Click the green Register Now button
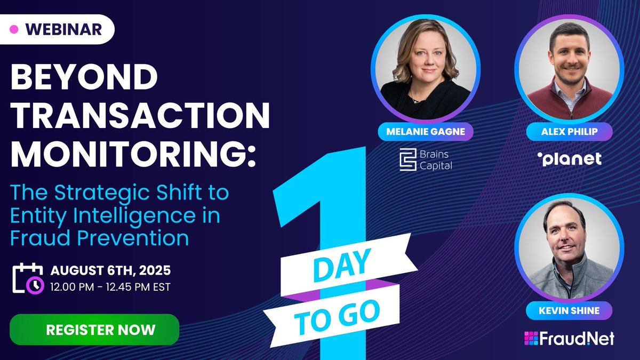click(x=94, y=330)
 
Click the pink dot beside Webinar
click(x=14, y=29)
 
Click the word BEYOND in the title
click(x=84, y=79)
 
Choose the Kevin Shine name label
click(x=569, y=310)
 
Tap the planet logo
click(x=569, y=159)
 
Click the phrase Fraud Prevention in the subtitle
click(x=100, y=238)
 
